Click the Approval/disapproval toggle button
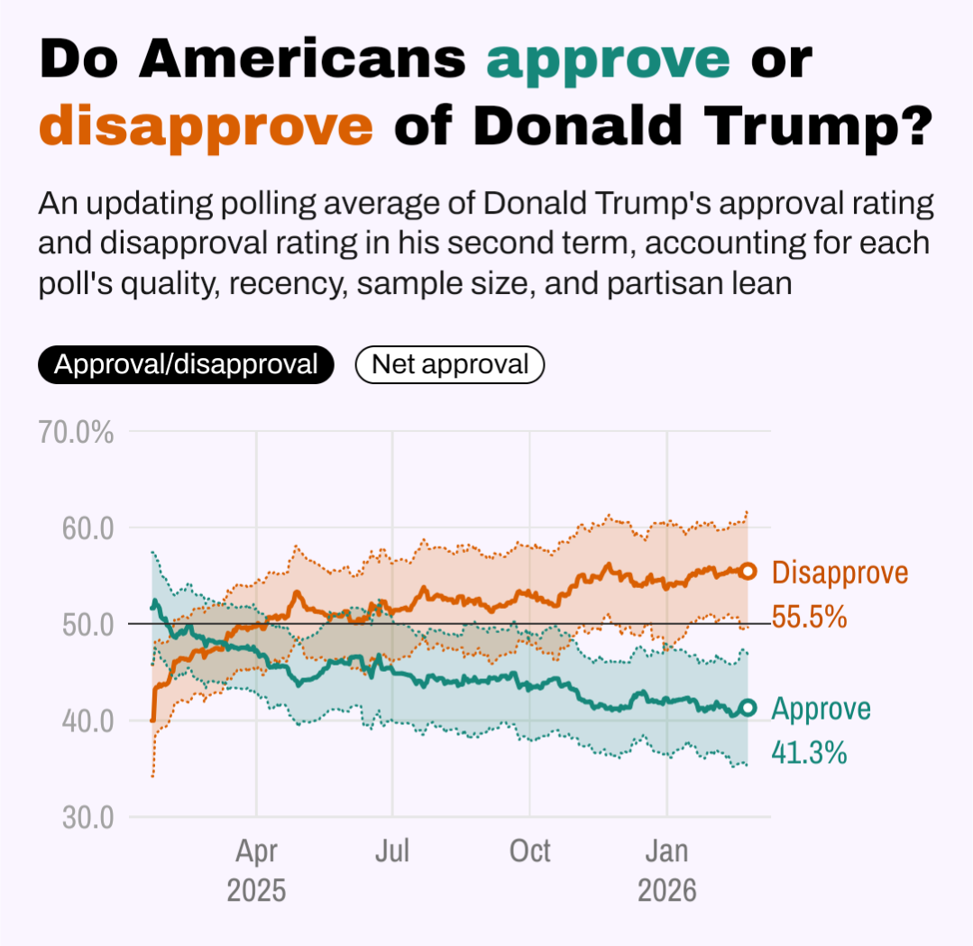186,364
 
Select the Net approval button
450,364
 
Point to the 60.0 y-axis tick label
87,528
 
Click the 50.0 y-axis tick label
87,624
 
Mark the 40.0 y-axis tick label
87,721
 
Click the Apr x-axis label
257,851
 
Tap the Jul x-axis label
393,851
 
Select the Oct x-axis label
530,851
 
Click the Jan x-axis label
667,851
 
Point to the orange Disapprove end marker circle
748,571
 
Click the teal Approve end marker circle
747,708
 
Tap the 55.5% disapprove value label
810,617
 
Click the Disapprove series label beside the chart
840,573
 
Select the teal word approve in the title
609,60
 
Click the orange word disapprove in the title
207,126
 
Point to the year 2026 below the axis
667,890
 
